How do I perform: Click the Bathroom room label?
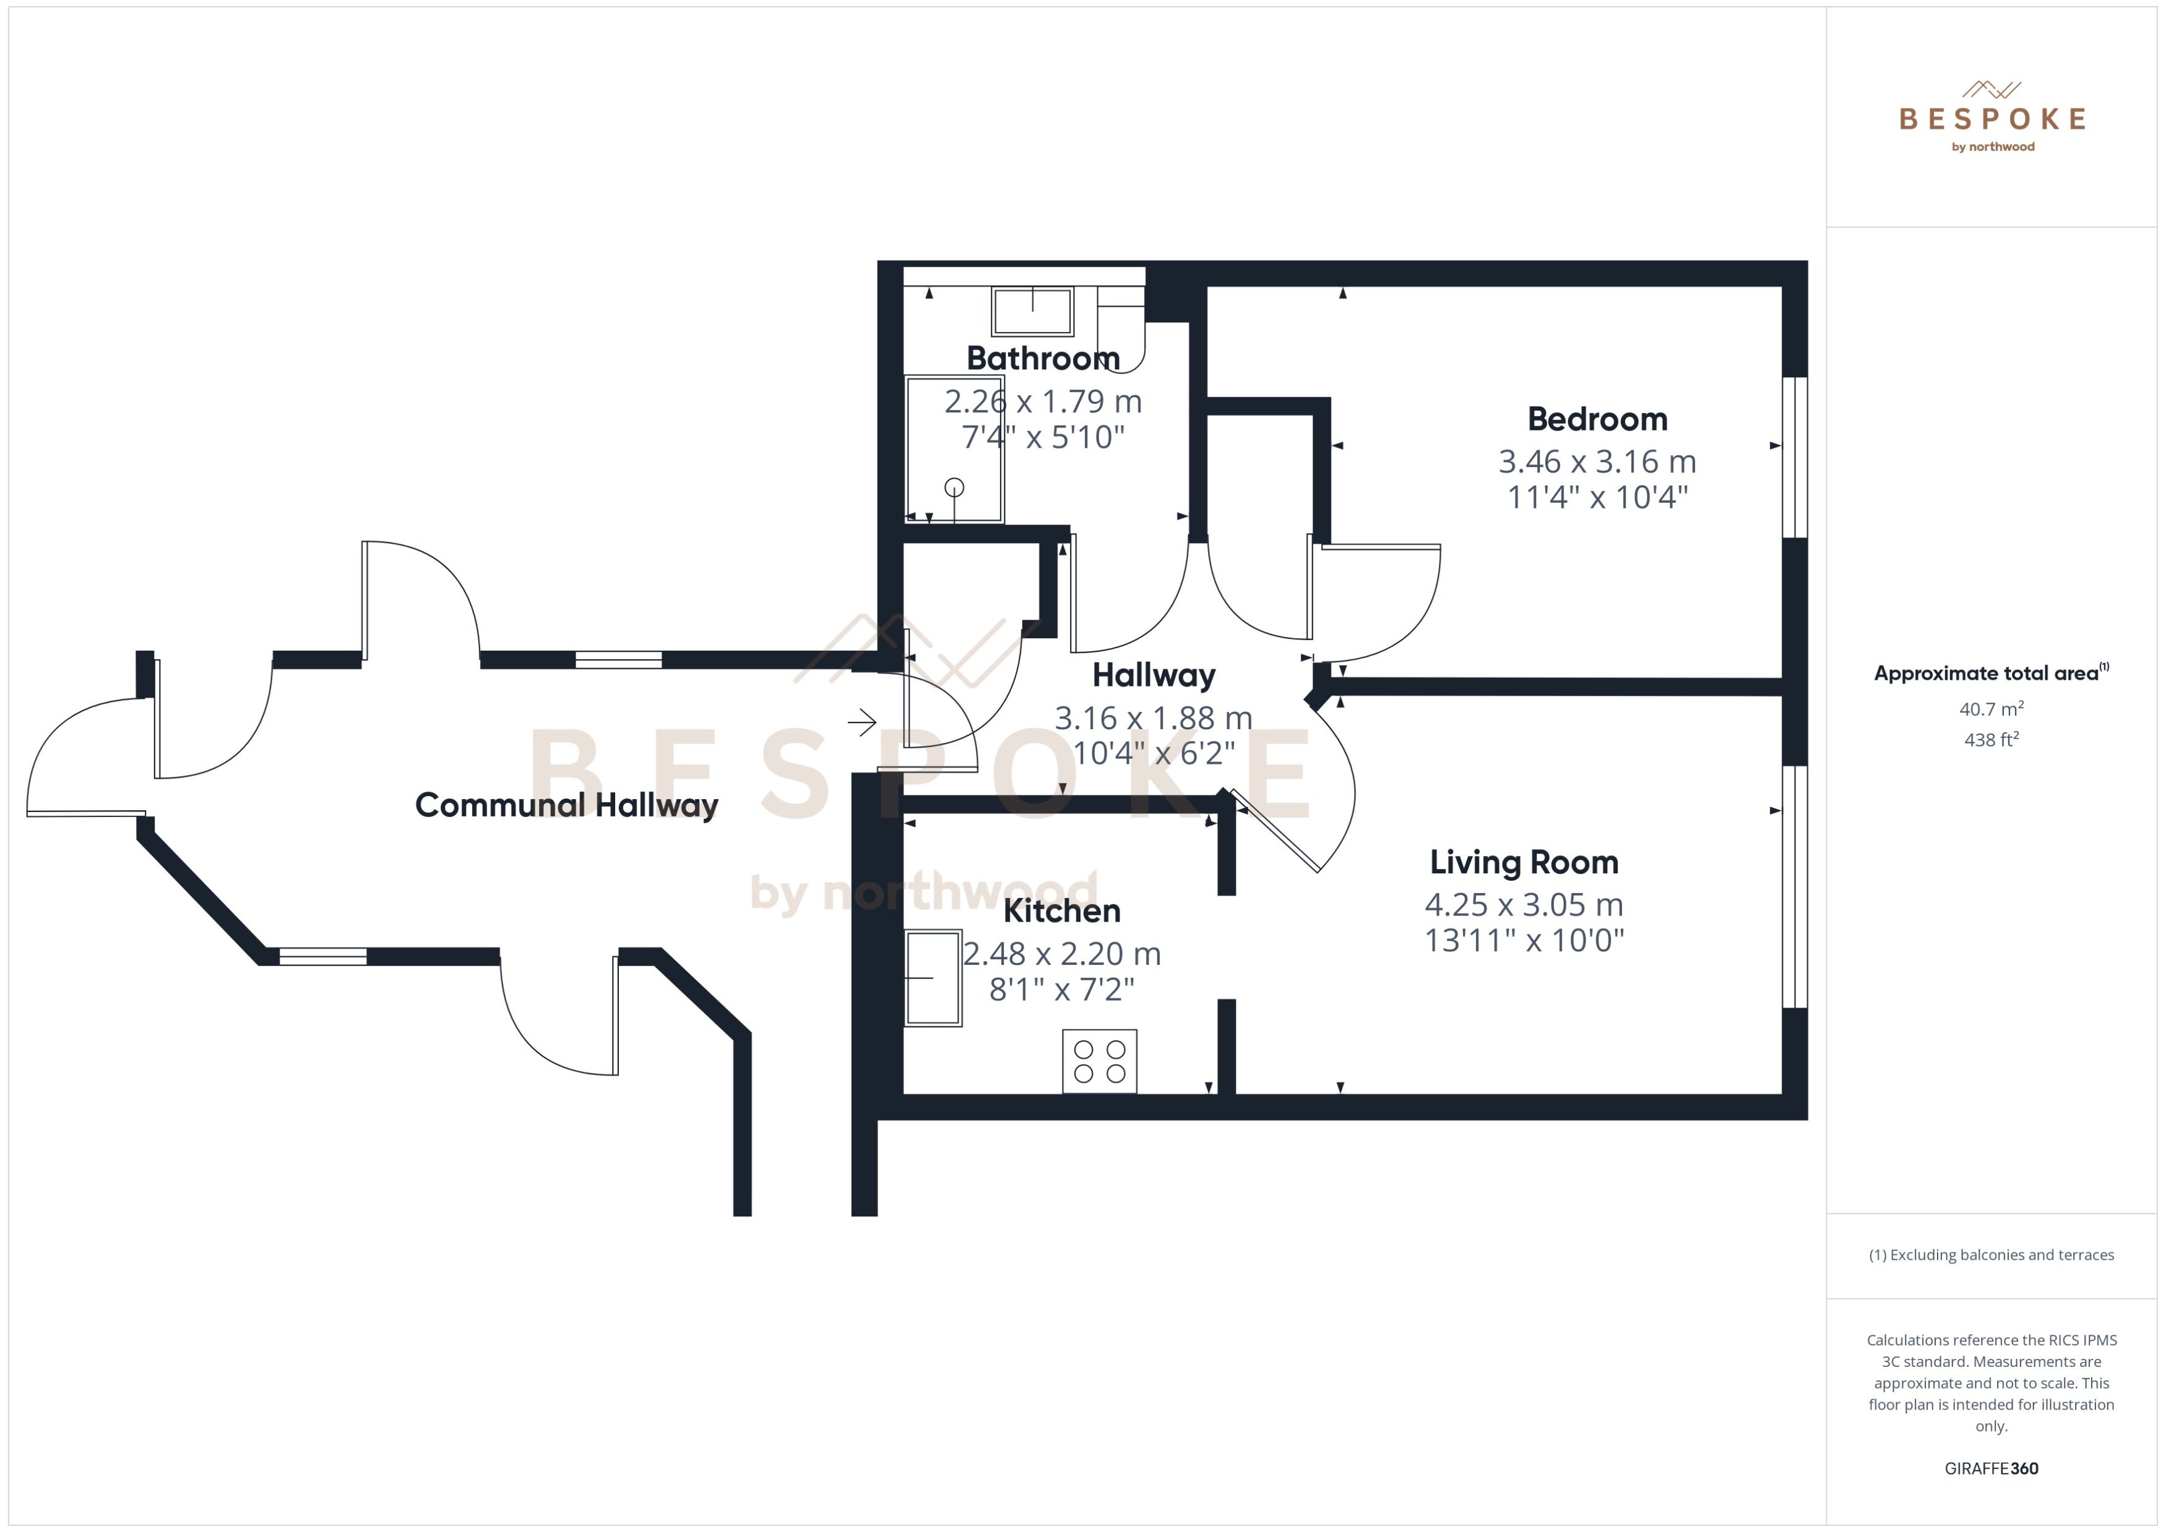coord(1042,359)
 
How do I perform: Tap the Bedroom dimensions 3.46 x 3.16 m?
coord(1597,461)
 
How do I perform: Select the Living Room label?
coord(1523,862)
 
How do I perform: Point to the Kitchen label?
coord(1062,911)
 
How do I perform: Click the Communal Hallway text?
coord(566,805)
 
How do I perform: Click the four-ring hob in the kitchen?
coord(1100,1061)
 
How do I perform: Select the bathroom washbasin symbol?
coord(1032,310)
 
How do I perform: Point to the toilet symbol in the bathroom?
coord(1121,330)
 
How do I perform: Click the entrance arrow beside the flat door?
coord(861,724)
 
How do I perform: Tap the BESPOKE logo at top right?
coord(1991,118)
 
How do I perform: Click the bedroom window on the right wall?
coord(1794,458)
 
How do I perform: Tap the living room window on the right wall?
coord(1794,887)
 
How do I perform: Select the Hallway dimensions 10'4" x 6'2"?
coord(1154,753)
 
